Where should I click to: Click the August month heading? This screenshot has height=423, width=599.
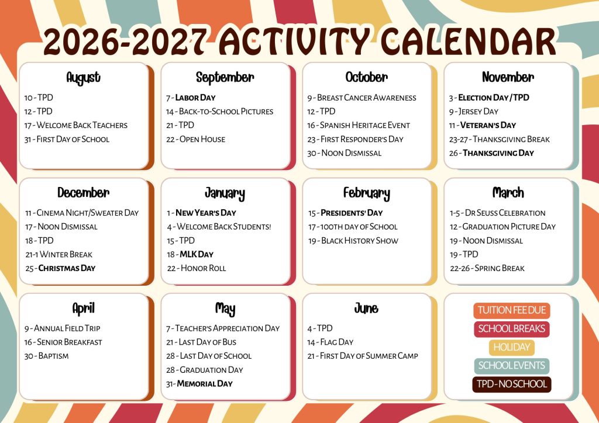(83, 78)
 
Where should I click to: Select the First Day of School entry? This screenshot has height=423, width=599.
(67, 139)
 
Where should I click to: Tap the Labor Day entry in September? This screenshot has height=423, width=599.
(191, 98)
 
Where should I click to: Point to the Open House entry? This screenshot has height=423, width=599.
(195, 139)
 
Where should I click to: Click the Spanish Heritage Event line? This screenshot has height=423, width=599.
(359, 125)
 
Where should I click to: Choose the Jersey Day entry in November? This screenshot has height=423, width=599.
(474, 112)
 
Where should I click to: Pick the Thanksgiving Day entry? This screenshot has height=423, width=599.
(491, 153)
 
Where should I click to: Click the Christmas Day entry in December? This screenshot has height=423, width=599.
(60, 268)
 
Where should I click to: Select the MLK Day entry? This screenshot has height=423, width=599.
(190, 254)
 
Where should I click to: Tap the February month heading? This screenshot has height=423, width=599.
(366, 193)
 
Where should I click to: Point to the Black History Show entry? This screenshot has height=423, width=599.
(353, 241)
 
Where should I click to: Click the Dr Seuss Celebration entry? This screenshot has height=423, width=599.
(498, 213)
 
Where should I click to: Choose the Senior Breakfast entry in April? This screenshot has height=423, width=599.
(63, 342)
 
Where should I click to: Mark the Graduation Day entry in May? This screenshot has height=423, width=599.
(204, 370)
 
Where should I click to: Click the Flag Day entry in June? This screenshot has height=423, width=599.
(331, 342)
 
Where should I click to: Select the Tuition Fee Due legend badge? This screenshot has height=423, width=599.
(512, 310)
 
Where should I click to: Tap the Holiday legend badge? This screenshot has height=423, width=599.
(512, 347)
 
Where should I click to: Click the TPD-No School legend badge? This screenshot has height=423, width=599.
(512, 384)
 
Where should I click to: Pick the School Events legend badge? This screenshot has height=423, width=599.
(512, 366)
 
